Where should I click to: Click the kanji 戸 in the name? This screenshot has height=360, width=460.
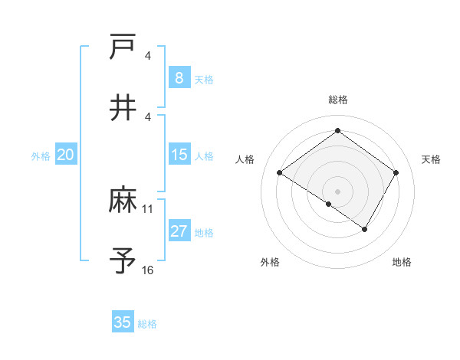pyautogui.click(x=123, y=47)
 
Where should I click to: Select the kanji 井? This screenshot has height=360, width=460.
pyautogui.click(x=123, y=107)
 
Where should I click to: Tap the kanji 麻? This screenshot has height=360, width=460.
pyautogui.click(x=123, y=201)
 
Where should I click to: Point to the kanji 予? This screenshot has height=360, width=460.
pyautogui.click(x=123, y=260)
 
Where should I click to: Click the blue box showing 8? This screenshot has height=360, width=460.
pyautogui.click(x=179, y=77)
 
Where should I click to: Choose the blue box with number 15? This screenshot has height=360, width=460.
pyautogui.click(x=179, y=155)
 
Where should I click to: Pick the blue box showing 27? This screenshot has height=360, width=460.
pyautogui.click(x=179, y=231)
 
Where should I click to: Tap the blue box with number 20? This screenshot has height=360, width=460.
pyautogui.click(x=65, y=155)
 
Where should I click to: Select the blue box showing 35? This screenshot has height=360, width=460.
pyautogui.click(x=123, y=322)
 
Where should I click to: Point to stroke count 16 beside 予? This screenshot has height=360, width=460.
pyautogui.click(x=148, y=270)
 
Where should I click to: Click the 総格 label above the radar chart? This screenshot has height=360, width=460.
pyautogui.click(x=338, y=100)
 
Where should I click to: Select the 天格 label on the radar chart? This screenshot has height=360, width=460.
pyautogui.click(x=431, y=159)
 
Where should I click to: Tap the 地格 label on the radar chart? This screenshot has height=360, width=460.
pyautogui.click(x=402, y=263)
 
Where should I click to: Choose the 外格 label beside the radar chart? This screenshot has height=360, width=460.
pyautogui.click(x=270, y=263)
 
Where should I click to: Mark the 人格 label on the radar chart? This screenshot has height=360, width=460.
pyautogui.click(x=245, y=159)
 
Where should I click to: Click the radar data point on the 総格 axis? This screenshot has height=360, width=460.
pyautogui.click(x=338, y=131)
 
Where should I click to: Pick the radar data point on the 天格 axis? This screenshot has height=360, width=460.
pyautogui.click(x=396, y=173)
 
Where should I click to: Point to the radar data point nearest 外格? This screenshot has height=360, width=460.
pyautogui.click(x=329, y=204)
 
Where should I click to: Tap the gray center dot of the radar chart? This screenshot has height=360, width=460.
pyautogui.click(x=338, y=191)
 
